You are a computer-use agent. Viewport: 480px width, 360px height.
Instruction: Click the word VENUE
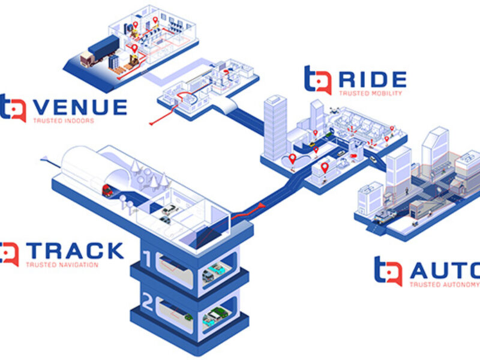tap(80, 107)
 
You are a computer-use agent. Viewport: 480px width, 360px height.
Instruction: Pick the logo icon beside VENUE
tap(13, 107)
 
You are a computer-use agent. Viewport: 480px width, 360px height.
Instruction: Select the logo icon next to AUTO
tap(389, 271)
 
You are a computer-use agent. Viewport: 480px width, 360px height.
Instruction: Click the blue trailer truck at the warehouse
tap(102, 48)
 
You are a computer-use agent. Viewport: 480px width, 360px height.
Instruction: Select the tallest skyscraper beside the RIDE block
tap(275, 127)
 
